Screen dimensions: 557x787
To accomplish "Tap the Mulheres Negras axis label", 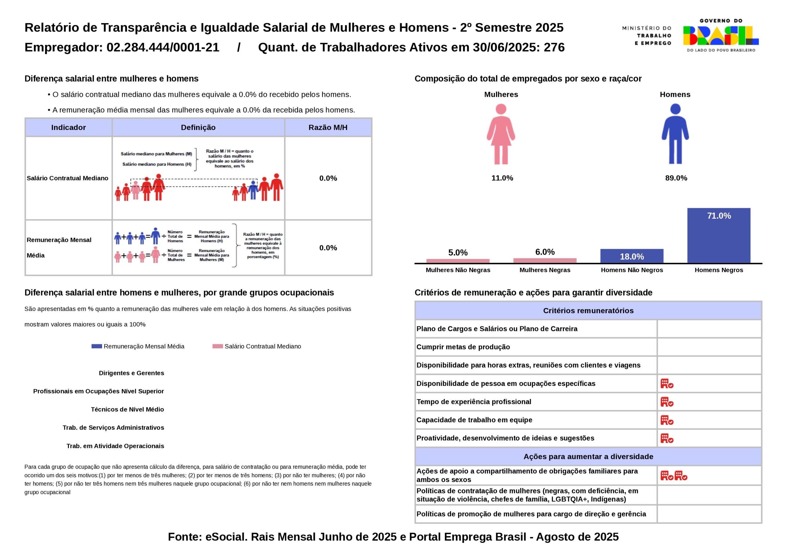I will point(545,270).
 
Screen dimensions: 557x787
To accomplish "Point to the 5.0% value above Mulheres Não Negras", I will point(458,253).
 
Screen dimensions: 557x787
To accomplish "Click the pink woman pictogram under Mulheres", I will point(501,134).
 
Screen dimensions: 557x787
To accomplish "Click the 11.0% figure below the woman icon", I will point(502,178).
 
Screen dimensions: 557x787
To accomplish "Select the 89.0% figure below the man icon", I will point(676,178).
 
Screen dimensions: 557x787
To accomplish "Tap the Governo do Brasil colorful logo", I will point(721,36).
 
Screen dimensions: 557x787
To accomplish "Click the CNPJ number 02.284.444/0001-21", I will point(163,47).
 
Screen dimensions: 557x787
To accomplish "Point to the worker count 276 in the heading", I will point(554,47).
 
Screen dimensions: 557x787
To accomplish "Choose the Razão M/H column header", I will point(328,128).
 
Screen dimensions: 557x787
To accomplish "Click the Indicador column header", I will point(69,128).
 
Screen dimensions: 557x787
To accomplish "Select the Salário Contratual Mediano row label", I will point(68,178).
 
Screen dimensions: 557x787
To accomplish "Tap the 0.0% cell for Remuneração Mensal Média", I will point(328,248).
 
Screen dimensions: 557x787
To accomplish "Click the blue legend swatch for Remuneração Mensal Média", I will point(97,346).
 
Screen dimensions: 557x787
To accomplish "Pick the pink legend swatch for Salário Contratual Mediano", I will point(218,346).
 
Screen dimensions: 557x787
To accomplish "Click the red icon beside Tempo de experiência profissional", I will point(667,402).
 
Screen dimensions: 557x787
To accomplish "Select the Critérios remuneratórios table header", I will point(588,311).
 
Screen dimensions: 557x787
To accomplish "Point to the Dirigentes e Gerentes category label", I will point(131,373).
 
